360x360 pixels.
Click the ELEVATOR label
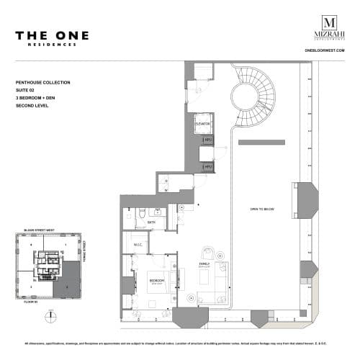coord(202,125)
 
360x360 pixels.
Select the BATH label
coord(151,223)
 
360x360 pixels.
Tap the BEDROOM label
coord(156,279)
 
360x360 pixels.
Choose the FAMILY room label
coord(204,264)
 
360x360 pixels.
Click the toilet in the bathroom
coord(143,213)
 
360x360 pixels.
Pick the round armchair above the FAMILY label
coord(208,253)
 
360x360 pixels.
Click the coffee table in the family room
coord(205,282)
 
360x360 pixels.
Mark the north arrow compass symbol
coord(48,316)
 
